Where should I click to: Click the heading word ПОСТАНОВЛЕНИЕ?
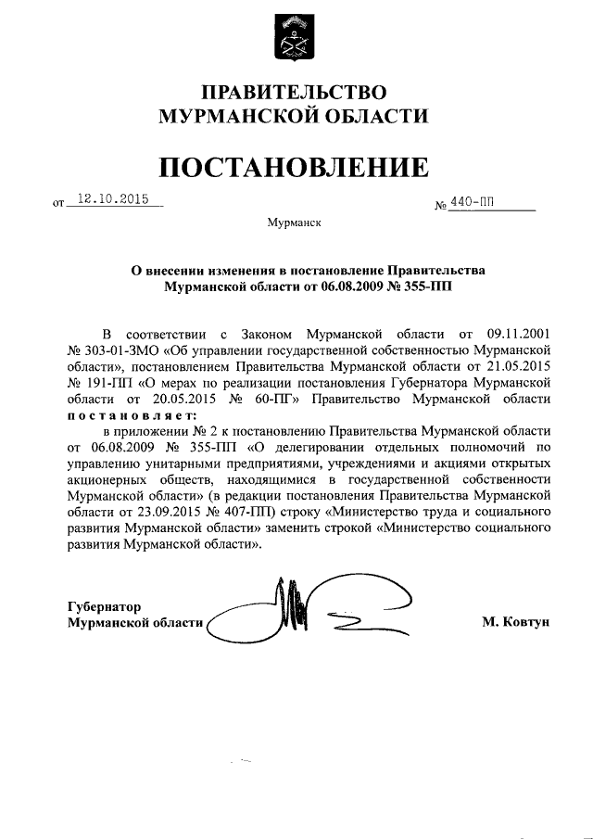coord(295,167)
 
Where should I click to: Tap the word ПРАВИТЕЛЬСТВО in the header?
coord(295,91)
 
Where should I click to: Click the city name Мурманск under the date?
coord(294,222)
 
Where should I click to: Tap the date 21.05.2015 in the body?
coord(519,365)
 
